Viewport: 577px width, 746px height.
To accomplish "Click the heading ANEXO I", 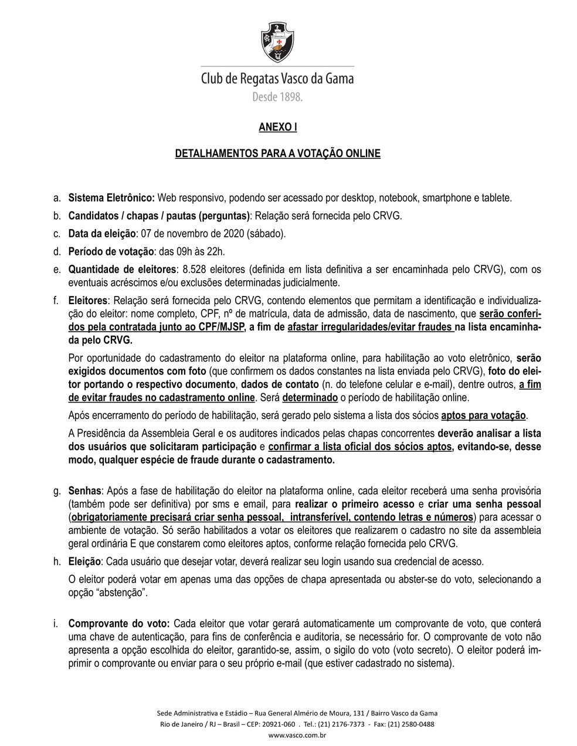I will click(278, 127).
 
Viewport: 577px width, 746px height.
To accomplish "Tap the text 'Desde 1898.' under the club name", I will click(277, 97).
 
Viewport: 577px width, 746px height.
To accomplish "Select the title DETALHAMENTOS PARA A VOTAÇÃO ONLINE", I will click(278, 154).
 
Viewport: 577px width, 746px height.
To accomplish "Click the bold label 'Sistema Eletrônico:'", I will click(111, 198).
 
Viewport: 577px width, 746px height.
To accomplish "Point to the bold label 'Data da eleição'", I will click(102, 234).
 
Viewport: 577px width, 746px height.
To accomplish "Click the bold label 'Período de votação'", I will click(110, 252).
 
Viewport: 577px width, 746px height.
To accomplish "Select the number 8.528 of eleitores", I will click(196, 270).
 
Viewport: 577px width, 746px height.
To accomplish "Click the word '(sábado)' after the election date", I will click(266, 234).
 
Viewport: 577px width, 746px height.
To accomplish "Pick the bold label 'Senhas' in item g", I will click(86, 490).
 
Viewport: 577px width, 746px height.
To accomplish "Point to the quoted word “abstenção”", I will click(124, 592).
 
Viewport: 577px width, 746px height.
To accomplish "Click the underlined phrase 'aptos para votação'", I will click(484, 415).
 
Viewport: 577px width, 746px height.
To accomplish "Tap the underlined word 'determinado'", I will click(310, 398).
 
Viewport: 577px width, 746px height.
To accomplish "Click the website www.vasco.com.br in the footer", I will click(297, 735).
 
